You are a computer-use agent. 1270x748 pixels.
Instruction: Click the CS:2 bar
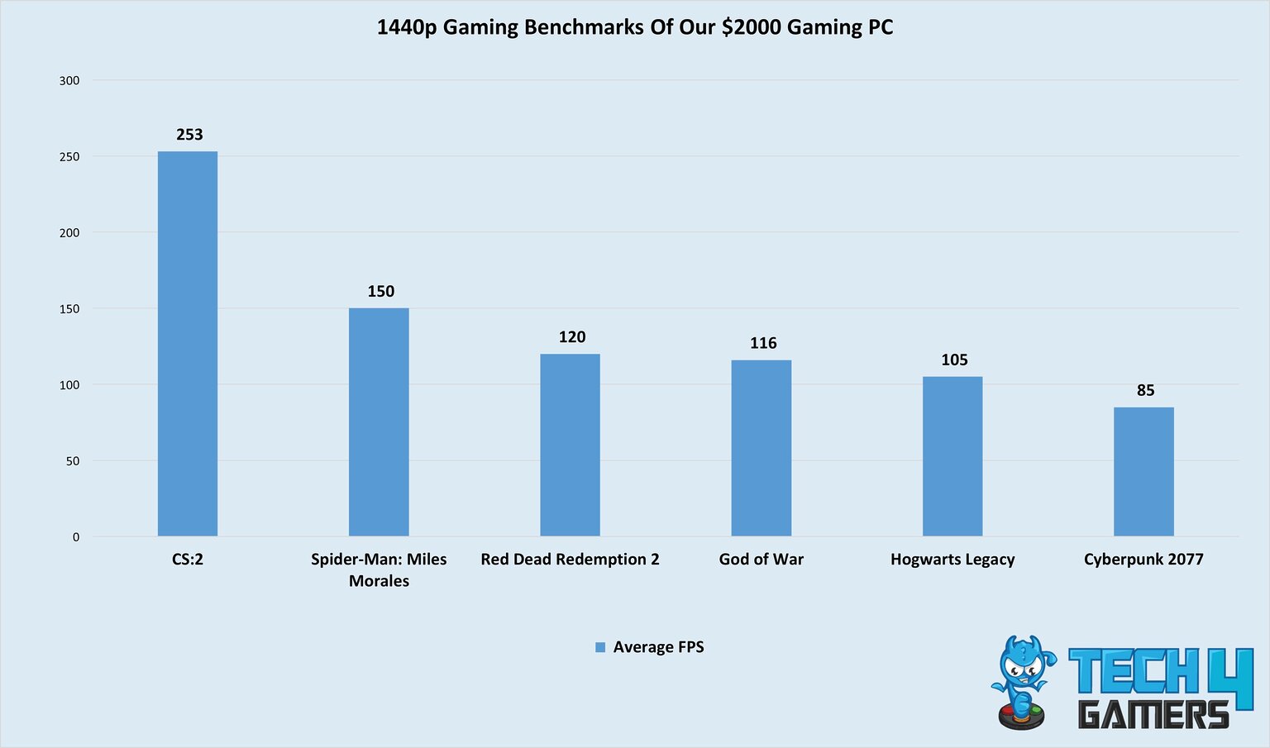point(188,343)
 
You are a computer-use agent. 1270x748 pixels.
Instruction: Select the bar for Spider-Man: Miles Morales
point(379,422)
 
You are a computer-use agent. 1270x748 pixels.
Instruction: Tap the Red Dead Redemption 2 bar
point(570,445)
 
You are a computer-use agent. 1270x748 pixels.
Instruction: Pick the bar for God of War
point(761,447)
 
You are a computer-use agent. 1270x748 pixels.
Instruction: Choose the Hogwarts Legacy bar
point(952,455)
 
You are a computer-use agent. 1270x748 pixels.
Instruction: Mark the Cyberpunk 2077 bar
point(1143,471)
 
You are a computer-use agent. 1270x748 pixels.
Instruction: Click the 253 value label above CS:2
point(189,135)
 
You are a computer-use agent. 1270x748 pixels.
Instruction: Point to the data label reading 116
point(763,343)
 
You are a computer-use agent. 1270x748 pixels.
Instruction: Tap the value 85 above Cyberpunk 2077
point(1145,390)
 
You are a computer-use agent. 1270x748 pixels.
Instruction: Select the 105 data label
point(954,360)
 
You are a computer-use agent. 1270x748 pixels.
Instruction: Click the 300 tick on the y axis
point(69,80)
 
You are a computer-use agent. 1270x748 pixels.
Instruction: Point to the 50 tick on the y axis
point(73,461)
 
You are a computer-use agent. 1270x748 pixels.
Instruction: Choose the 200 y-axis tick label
point(69,233)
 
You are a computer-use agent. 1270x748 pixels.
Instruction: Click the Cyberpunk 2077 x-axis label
point(1143,560)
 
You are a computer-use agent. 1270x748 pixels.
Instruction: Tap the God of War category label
point(761,560)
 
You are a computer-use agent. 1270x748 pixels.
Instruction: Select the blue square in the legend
point(600,648)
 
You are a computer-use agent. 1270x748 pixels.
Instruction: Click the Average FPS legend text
point(658,647)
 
